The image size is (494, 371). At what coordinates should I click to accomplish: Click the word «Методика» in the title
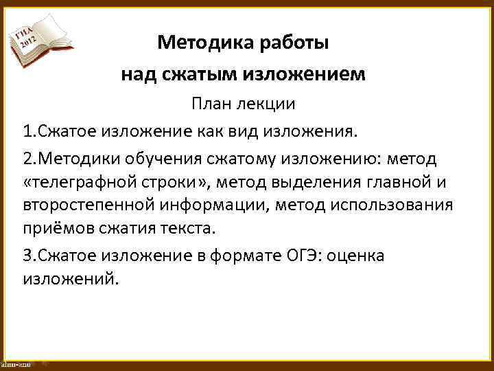coord(198,43)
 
